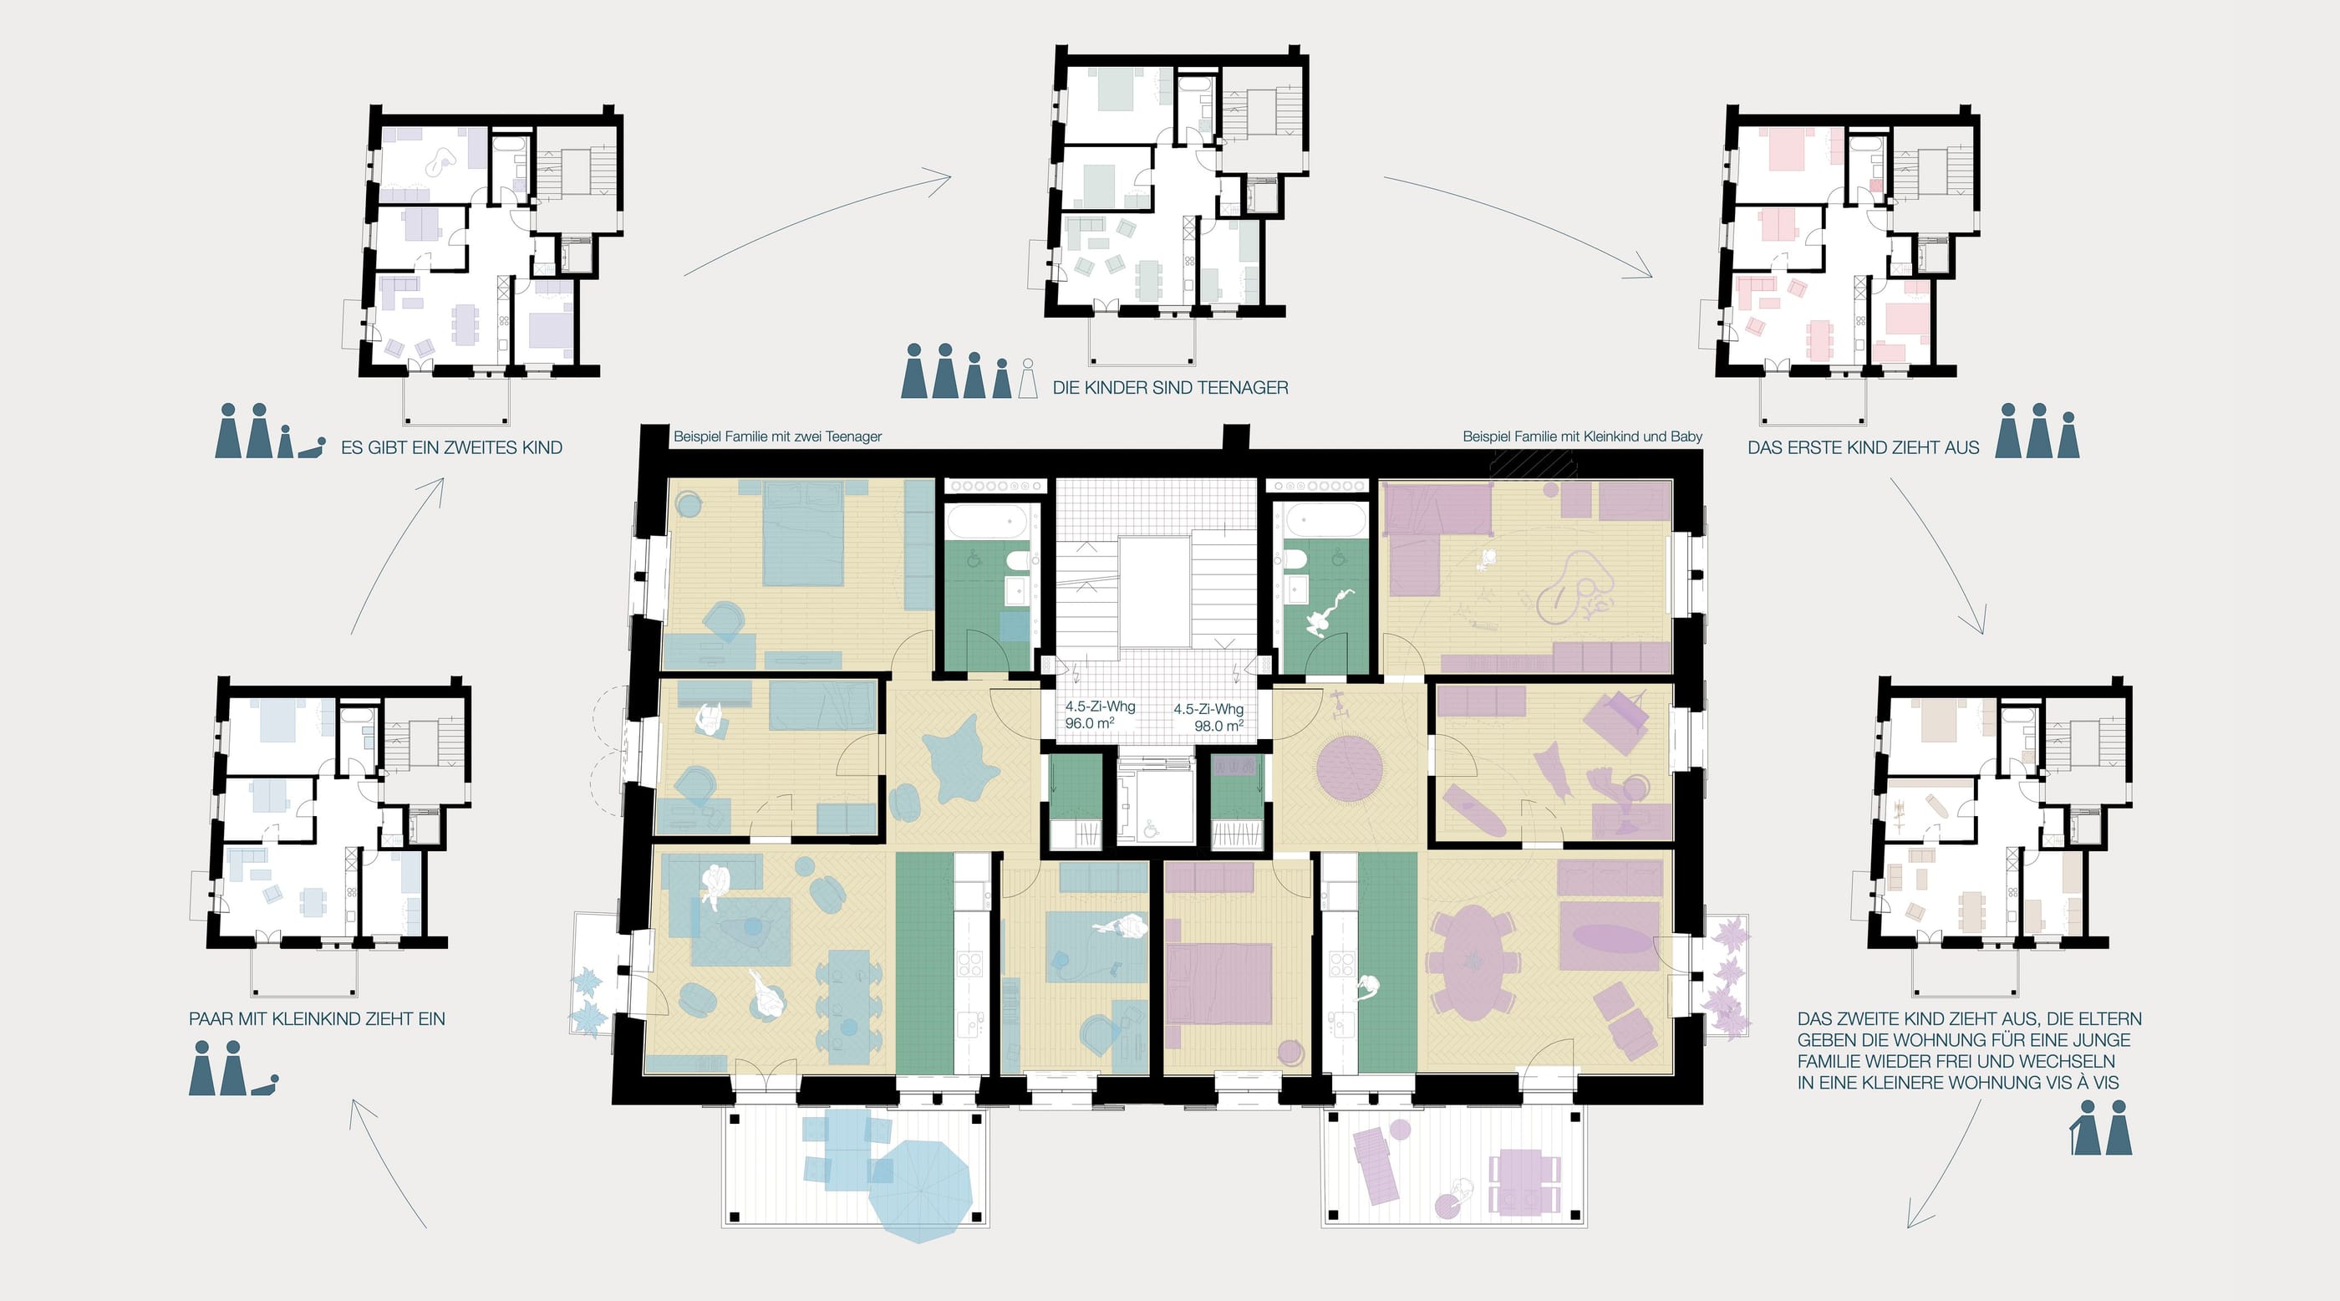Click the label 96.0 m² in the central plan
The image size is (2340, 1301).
(1089, 723)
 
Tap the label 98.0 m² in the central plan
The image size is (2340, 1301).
(1219, 726)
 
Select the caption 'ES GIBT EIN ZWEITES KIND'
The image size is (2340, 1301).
(451, 448)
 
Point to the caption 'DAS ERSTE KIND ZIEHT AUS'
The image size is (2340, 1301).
(1863, 448)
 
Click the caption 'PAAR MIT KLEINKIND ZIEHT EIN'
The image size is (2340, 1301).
(317, 1019)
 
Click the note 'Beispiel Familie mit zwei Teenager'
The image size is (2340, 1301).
(777, 436)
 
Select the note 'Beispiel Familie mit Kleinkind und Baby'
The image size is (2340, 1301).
(1582, 436)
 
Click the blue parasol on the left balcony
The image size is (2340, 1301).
(921, 1188)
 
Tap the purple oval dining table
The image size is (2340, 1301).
(1473, 962)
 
